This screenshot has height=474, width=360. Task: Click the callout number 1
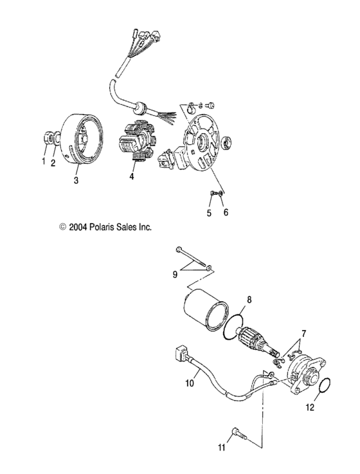coord(44,161)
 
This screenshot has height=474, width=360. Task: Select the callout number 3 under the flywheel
coord(76,181)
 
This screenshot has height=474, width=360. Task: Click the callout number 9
coord(174,275)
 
